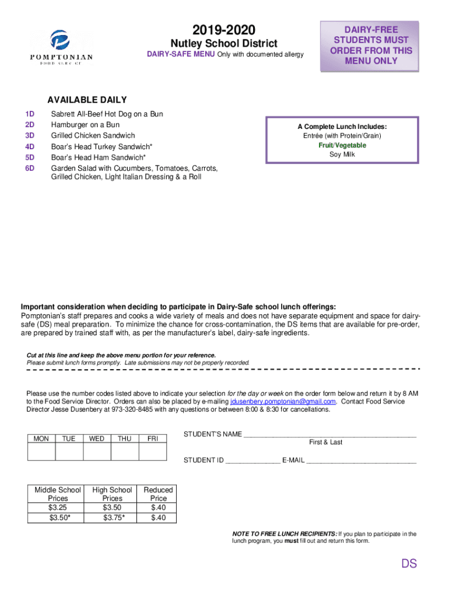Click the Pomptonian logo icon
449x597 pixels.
coord(61,40)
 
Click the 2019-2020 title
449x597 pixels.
coord(223,30)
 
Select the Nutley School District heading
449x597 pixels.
coord(223,44)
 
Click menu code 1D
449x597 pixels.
coord(30,114)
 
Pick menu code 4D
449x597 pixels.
coord(30,146)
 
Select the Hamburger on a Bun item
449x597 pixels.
coord(85,125)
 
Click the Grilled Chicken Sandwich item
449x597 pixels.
coord(93,135)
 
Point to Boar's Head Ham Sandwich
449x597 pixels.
coord(98,157)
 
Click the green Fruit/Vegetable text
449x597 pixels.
coord(342,145)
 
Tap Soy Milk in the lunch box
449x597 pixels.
coord(342,154)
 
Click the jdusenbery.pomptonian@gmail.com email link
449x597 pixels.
coord(283,401)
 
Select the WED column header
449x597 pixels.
coord(97,438)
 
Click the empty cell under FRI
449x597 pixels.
coord(153,452)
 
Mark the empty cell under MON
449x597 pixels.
coord(41,452)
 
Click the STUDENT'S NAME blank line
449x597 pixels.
coord(329,435)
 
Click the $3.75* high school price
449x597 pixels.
coord(113,517)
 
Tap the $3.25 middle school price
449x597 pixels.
coord(58,508)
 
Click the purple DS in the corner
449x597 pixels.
coord(408,563)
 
